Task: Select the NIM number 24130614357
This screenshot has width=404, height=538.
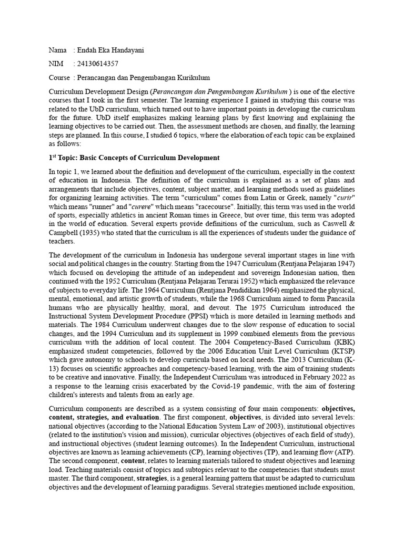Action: point(98,64)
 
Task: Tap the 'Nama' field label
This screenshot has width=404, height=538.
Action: point(58,50)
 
